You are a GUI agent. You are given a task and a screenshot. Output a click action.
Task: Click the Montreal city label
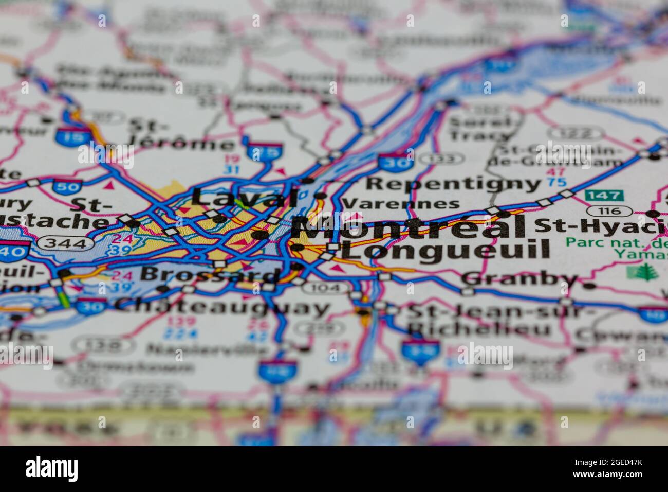(x=409, y=227)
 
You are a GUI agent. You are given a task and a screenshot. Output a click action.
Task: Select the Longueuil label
(x=446, y=251)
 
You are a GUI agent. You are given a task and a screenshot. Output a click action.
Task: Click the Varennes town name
(x=401, y=204)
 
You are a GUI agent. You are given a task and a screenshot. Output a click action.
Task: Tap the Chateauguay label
(x=222, y=307)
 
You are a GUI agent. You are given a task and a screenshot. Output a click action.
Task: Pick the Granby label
(x=519, y=279)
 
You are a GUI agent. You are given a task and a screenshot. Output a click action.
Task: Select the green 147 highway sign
(x=604, y=196)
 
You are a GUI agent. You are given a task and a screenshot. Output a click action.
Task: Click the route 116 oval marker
(x=610, y=210)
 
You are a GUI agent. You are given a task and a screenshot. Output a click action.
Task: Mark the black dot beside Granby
(x=589, y=285)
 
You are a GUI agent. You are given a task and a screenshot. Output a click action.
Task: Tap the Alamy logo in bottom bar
(x=52, y=469)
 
